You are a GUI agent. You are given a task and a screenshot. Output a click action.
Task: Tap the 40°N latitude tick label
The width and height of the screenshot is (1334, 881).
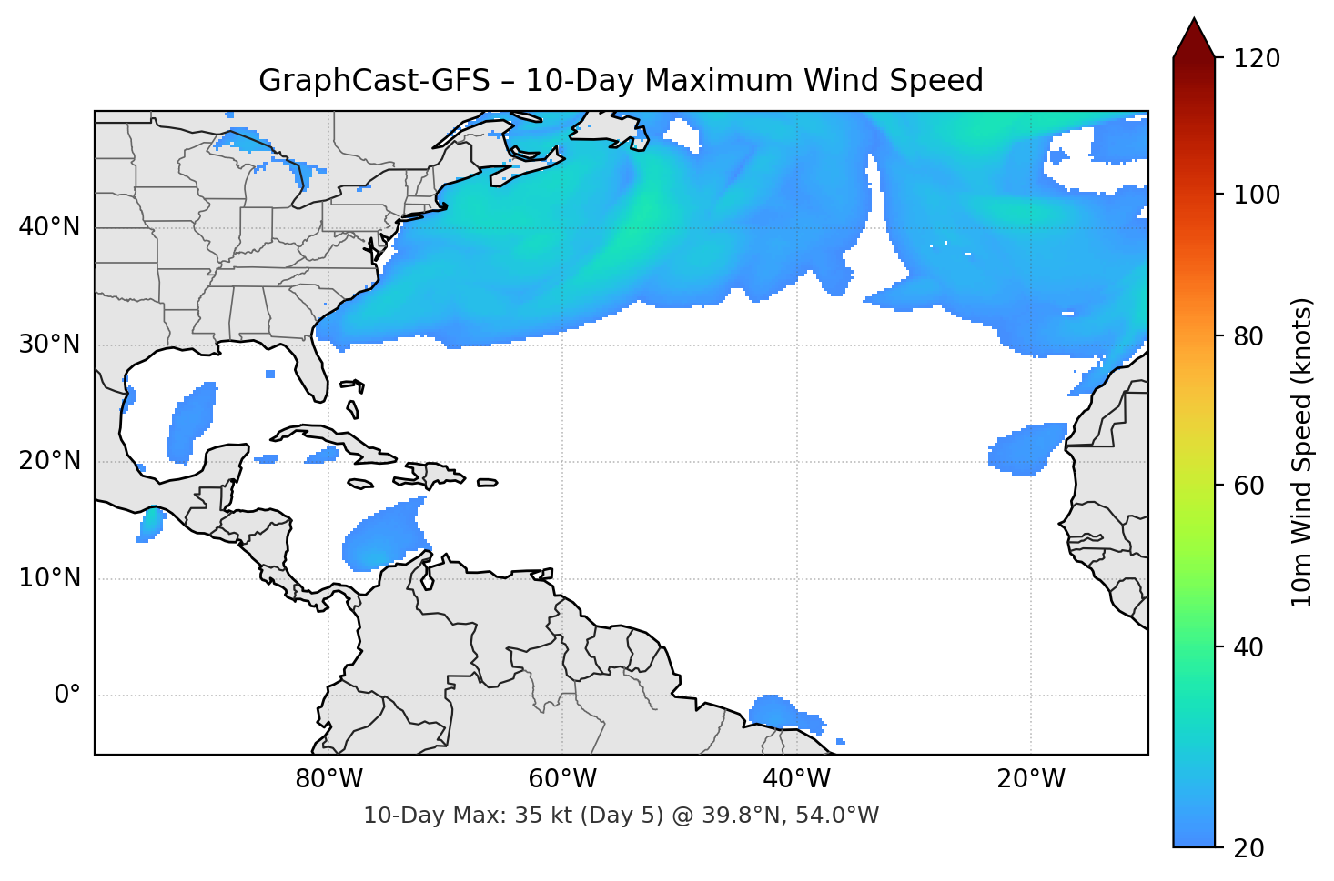pyautogui.click(x=49, y=227)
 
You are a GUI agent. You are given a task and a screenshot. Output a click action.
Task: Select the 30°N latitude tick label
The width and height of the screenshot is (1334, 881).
pyautogui.click(x=49, y=345)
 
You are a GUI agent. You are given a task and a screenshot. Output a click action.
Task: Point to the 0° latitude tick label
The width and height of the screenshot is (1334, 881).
pyautogui.click(x=67, y=696)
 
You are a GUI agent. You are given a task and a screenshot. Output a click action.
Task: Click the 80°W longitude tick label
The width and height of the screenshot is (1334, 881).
pyautogui.click(x=328, y=779)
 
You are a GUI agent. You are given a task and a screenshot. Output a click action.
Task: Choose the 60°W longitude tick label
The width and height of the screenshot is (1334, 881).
pyautogui.click(x=562, y=779)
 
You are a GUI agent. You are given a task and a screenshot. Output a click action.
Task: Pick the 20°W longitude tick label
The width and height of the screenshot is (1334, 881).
pyautogui.click(x=1031, y=779)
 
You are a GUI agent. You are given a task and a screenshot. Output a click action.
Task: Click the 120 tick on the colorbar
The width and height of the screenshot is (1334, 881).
pyautogui.click(x=1256, y=58)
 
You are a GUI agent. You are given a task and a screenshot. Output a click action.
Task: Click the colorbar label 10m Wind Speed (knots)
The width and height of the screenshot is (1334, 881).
pyautogui.click(x=1301, y=452)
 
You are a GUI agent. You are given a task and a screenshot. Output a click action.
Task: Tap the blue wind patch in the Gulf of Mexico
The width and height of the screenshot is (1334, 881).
pyautogui.click(x=193, y=420)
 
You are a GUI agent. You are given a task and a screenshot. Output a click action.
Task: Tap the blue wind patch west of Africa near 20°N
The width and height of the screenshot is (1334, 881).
pyautogui.click(x=1025, y=448)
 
